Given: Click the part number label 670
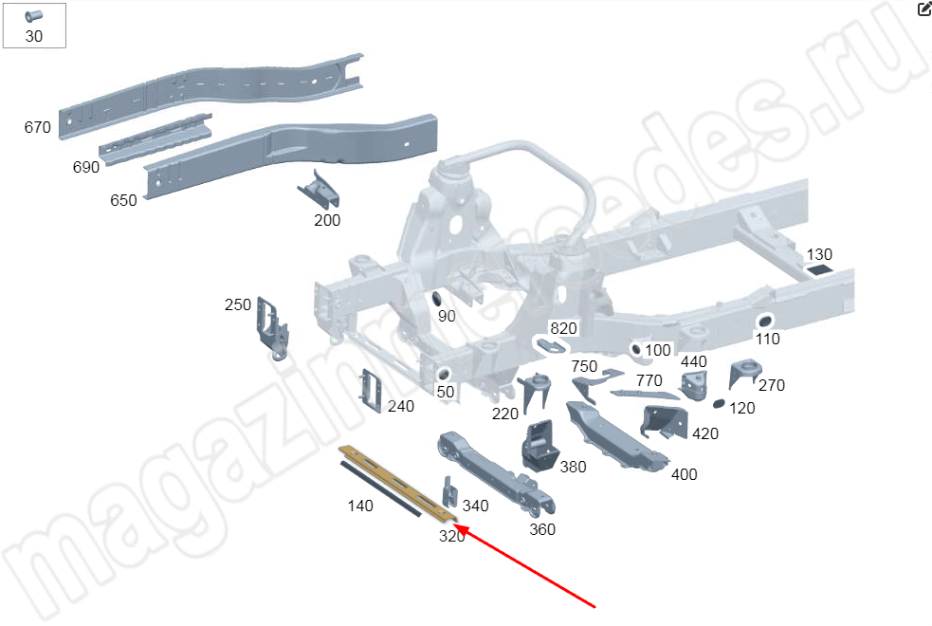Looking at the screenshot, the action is [x=37, y=127].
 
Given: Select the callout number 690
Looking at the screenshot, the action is [x=86, y=167].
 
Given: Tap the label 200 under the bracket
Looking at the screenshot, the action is [x=327, y=221].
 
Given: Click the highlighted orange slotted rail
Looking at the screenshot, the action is [x=398, y=483].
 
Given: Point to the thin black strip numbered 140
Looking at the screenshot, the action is [x=380, y=488].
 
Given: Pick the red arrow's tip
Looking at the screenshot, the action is [x=455, y=525].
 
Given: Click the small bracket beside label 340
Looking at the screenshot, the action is [x=450, y=491].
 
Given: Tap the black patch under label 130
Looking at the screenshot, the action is [x=818, y=270].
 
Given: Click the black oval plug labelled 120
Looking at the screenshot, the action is [x=719, y=404].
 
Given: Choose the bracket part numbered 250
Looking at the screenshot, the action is [x=272, y=329].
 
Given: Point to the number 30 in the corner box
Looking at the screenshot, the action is [x=34, y=36].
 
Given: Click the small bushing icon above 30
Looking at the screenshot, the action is [x=33, y=16].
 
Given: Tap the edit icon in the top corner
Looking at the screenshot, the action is [x=924, y=9].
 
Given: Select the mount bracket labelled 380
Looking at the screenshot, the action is [x=539, y=446].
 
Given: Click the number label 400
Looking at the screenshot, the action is [x=685, y=474].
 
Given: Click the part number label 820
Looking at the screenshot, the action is [x=563, y=328].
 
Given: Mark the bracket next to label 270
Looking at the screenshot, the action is [x=744, y=373].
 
